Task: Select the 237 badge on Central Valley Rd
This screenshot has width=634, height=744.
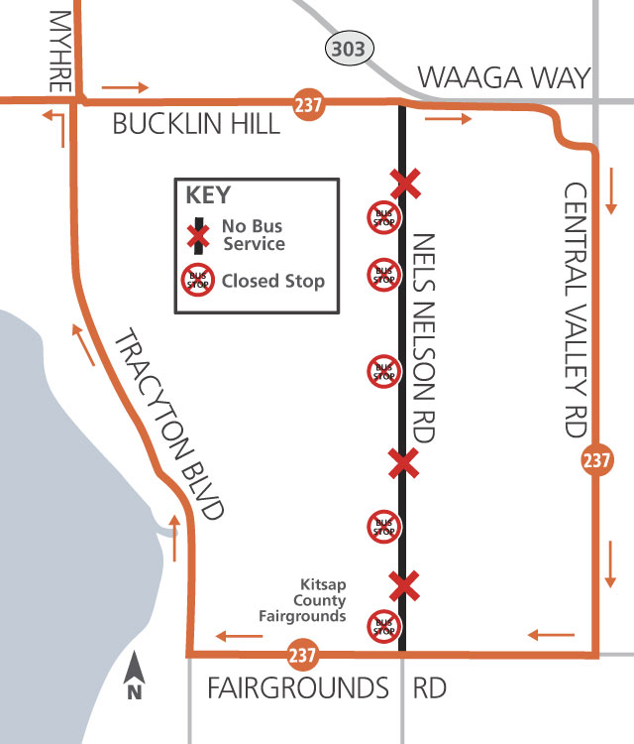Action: pos(596,461)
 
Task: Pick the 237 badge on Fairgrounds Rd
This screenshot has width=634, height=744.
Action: pos(302,656)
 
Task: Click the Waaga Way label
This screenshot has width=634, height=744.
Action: pos(503,77)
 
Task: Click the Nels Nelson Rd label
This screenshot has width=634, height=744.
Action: pos(425,337)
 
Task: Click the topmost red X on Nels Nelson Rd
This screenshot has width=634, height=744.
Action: pos(403,183)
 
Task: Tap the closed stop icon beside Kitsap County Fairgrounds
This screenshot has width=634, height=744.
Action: pos(383,626)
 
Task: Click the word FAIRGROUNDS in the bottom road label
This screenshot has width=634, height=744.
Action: pos(297,688)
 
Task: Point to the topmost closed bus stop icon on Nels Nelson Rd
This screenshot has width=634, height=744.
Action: pos(383,215)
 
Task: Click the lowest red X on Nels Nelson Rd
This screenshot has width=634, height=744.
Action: pos(402,586)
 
